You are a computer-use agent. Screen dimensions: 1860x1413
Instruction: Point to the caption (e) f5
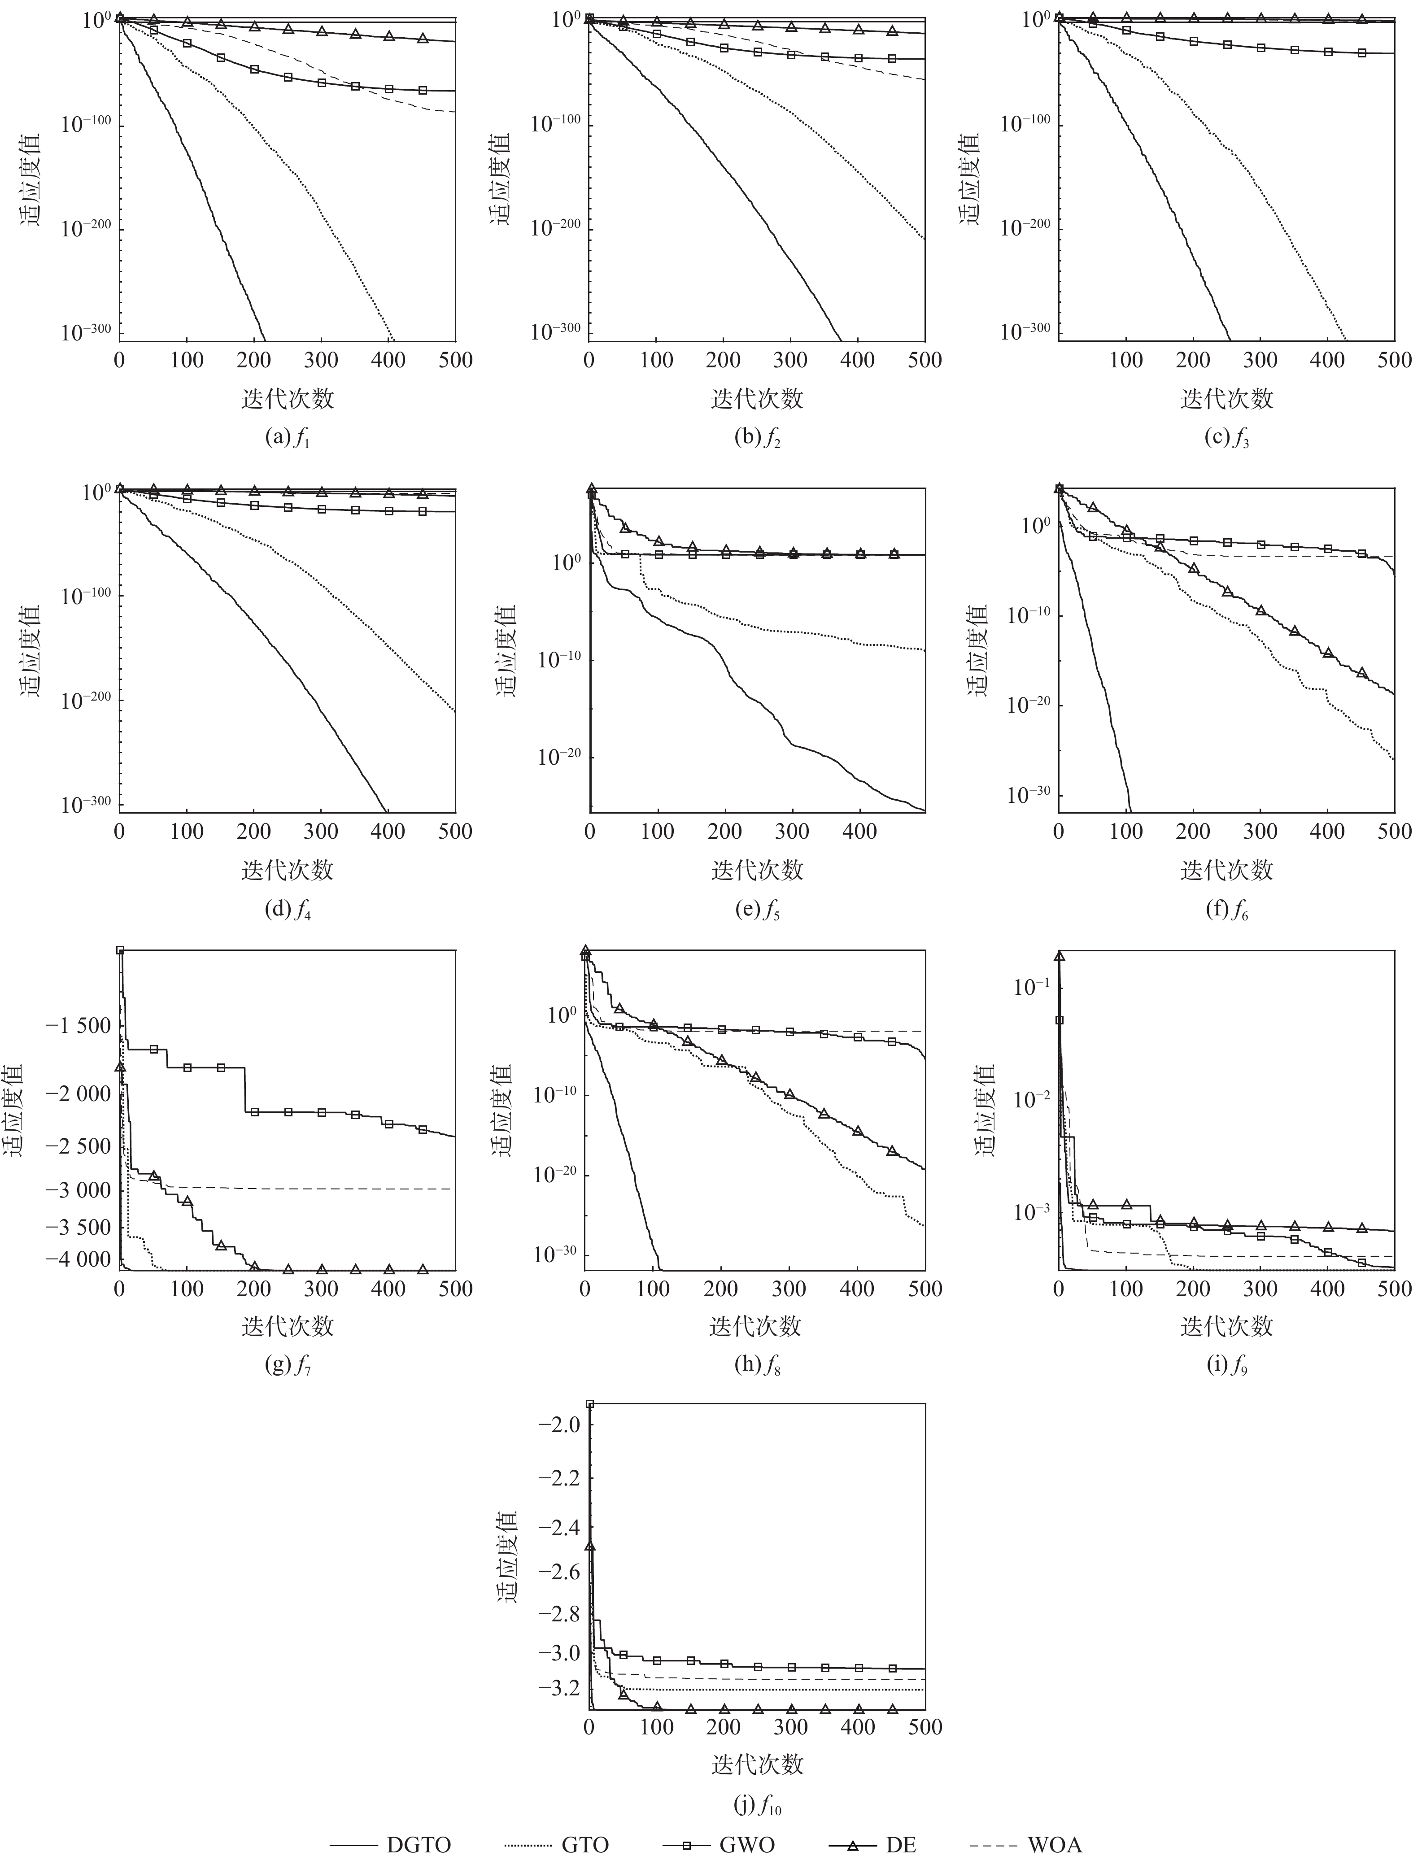pos(757,910)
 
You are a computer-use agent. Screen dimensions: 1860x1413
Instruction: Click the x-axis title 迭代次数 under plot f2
pos(757,399)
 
